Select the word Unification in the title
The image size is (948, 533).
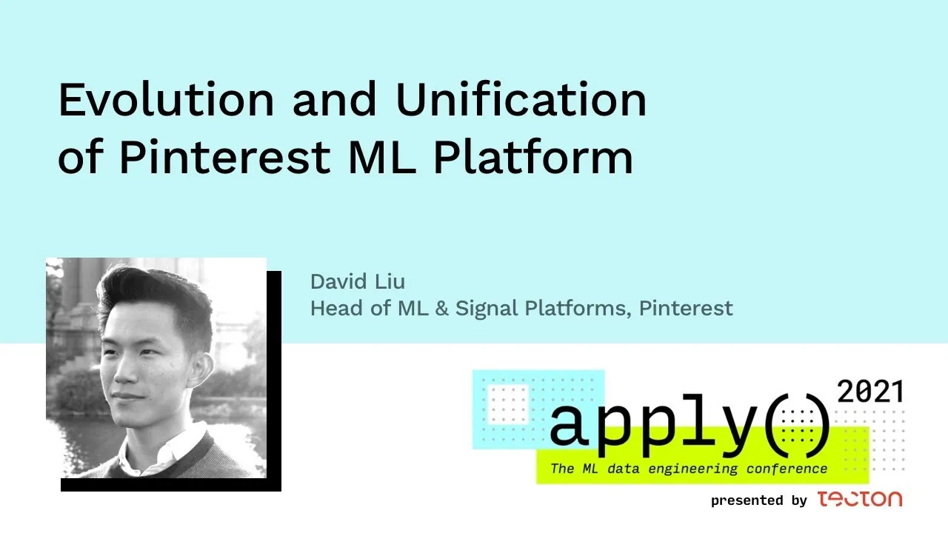(521, 101)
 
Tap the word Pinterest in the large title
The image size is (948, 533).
(224, 157)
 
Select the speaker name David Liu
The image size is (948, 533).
(358, 282)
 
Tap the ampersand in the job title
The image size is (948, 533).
(441, 308)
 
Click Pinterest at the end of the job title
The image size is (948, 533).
(686, 308)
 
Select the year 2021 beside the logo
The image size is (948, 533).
(869, 392)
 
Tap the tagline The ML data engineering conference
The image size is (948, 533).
(689, 469)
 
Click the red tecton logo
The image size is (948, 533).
(860, 499)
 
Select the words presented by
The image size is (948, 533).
(758, 501)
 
